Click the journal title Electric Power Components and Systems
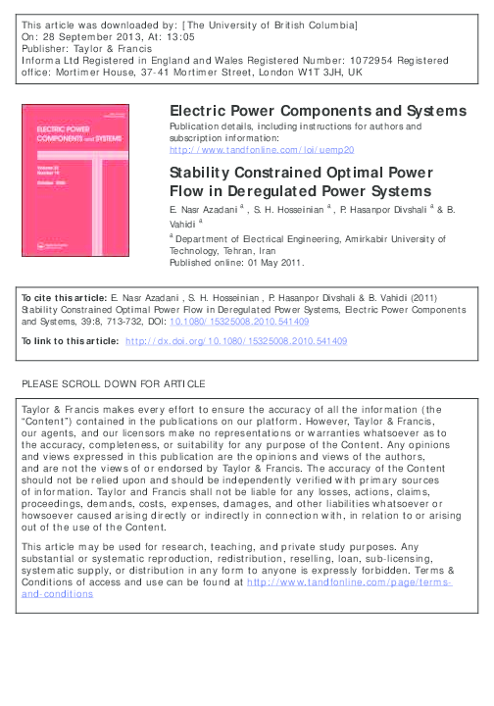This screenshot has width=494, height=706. tap(318, 111)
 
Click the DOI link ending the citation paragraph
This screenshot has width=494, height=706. tap(253, 321)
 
